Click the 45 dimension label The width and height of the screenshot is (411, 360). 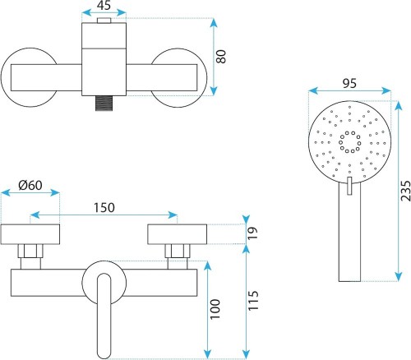click(104, 5)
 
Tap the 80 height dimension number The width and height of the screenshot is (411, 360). click(221, 57)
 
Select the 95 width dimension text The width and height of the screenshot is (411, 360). click(349, 83)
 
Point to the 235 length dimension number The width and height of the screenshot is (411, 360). click(405, 191)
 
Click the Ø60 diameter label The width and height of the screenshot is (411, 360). click(30, 186)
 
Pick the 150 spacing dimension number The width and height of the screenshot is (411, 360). click(104, 208)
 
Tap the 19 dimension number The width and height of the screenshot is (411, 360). click(252, 233)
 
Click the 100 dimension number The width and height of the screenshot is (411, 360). click(215, 309)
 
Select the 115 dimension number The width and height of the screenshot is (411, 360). click(253, 301)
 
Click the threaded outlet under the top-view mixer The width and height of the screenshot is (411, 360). click(104, 104)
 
